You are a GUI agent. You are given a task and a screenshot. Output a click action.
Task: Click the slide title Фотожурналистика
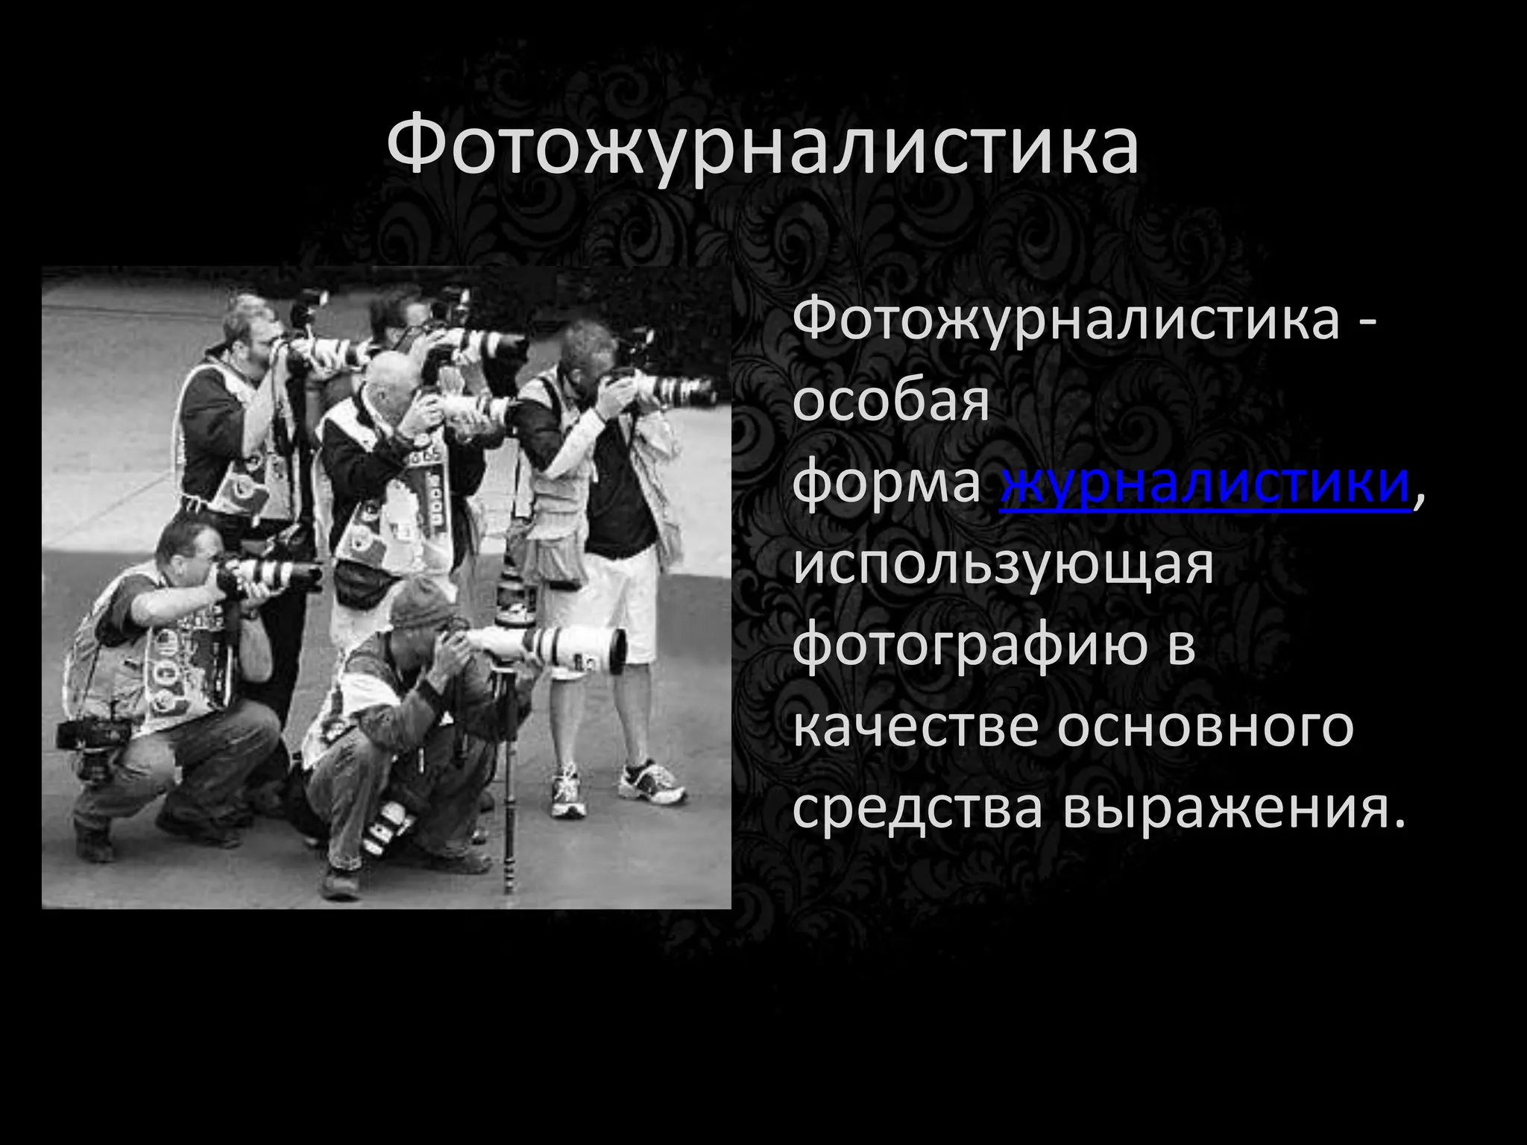pyautogui.click(x=762, y=145)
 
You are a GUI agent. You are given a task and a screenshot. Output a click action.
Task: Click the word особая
pyautogui.click(x=890, y=403)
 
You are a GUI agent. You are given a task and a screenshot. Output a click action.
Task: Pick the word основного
pyautogui.click(x=1205, y=726)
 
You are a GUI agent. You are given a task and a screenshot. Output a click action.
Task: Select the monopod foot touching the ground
pyautogui.click(x=510, y=887)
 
